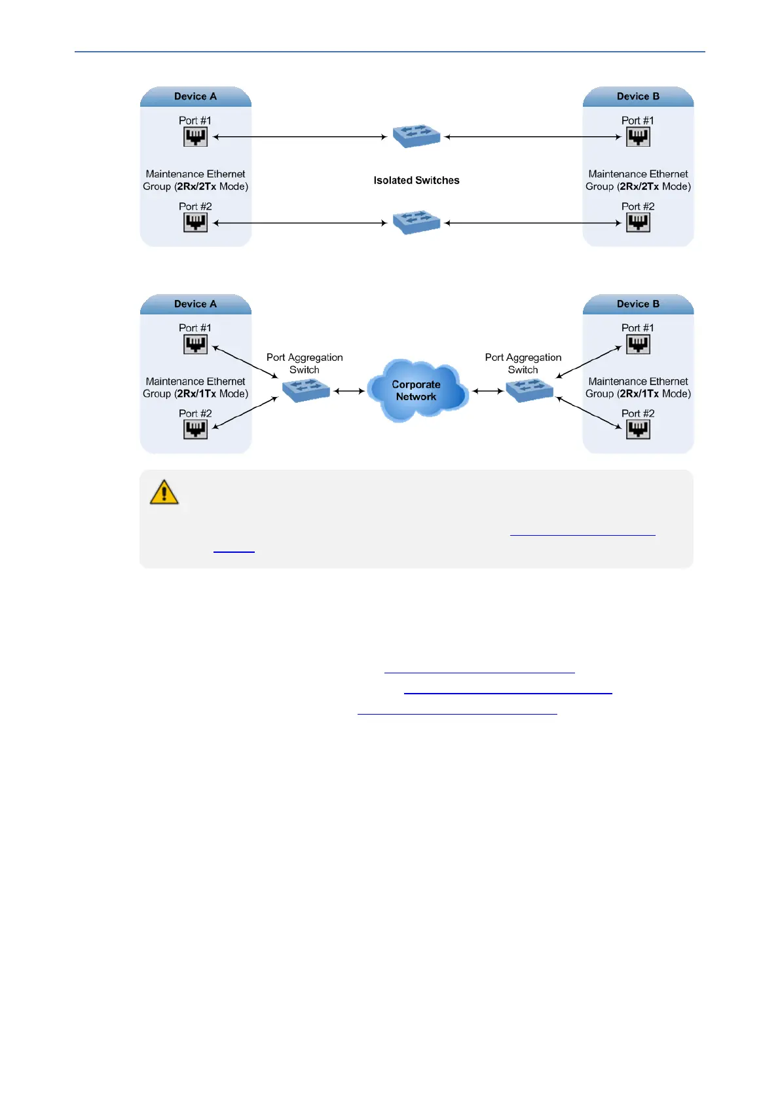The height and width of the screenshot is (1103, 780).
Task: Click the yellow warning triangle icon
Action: (x=164, y=492)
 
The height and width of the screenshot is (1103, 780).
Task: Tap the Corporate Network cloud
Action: (x=417, y=390)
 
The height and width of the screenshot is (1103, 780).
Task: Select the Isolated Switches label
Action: (x=417, y=181)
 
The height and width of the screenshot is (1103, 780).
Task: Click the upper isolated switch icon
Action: (x=417, y=136)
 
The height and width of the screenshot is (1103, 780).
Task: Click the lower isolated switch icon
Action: (x=417, y=222)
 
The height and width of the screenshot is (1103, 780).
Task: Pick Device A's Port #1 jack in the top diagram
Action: (x=195, y=137)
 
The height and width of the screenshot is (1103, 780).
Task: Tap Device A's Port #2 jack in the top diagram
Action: (x=195, y=223)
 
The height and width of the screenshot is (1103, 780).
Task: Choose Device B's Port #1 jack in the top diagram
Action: (x=638, y=137)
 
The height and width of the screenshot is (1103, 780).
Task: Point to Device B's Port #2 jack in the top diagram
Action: (x=638, y=223)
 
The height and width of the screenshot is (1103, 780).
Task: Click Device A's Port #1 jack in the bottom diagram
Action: (x=195, y=345)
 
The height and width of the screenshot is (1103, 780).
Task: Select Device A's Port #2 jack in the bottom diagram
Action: (x=195, y=430)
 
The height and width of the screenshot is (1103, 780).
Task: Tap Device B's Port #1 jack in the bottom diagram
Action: (x=638, y=345)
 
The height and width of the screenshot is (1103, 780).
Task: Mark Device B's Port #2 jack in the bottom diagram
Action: (x=638, y=430)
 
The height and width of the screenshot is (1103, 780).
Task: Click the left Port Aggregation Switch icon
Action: (x=306, y=390)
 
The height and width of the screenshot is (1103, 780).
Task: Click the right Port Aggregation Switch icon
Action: (x=529, y=390)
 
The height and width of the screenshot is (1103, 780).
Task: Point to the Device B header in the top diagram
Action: (x=638, y=96)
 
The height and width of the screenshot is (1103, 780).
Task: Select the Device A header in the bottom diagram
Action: (x=195, y=304)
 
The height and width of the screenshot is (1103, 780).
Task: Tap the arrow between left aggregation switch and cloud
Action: (x=348, y=391)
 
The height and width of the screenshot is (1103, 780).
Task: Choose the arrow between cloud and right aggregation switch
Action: (x=488, y=391)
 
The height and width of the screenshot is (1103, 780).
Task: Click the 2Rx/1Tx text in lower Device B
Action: (x=639, y=394)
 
